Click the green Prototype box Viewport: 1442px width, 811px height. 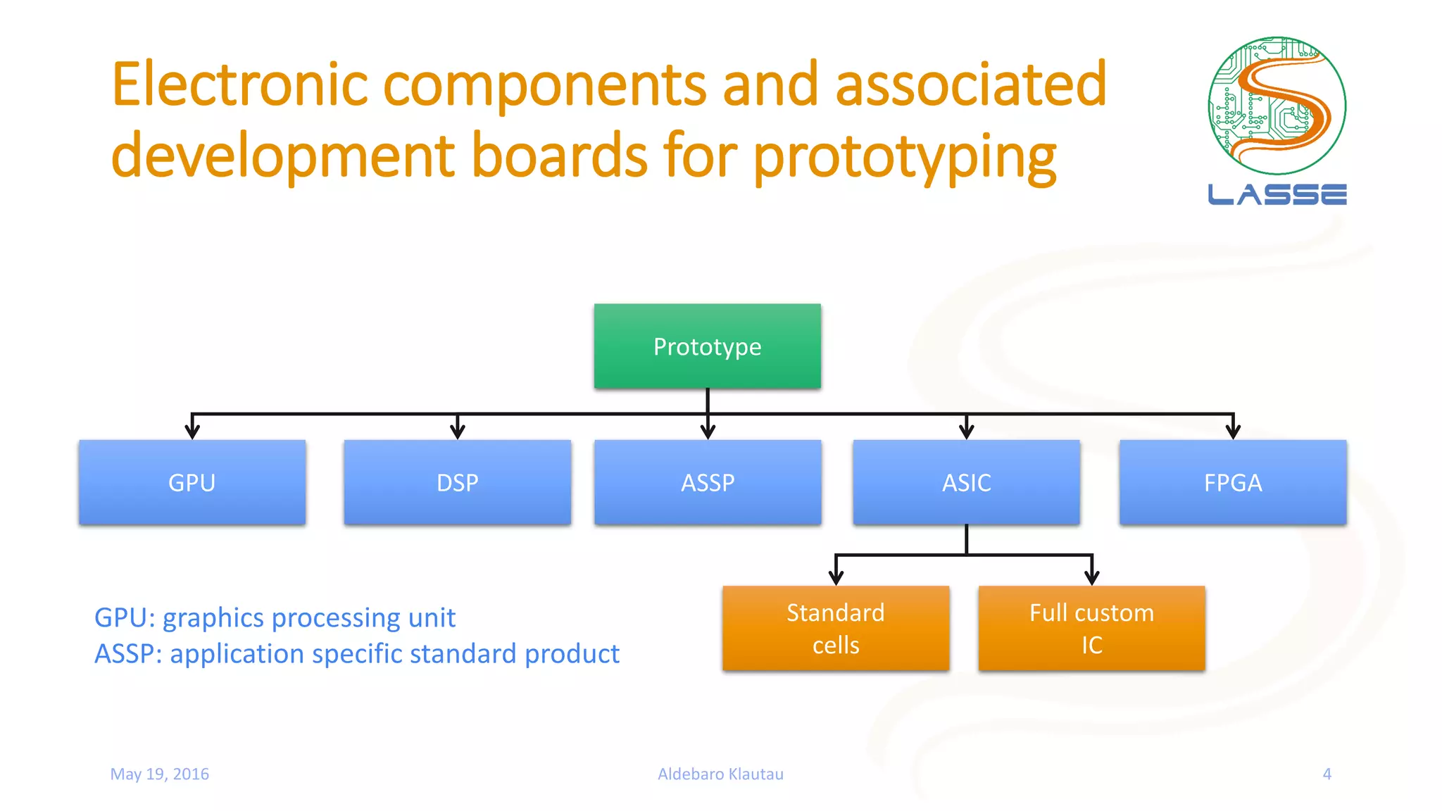[x=707, y=346]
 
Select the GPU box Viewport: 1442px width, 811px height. [x=192, y=483]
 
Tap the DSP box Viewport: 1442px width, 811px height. [x=457, y=483]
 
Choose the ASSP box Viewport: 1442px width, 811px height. [x=708, y=483]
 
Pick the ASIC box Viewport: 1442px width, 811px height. [x=966, y=483]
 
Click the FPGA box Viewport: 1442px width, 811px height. [x=1233, y=483]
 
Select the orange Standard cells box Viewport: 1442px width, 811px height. [x=836, y=628]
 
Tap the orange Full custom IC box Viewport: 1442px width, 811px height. [x=1091, y=628]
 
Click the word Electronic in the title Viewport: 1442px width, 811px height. [x=239, y=84]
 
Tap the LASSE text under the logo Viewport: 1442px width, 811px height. [x=1277, y=194]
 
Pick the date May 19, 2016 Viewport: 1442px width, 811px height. [x=160, y=774]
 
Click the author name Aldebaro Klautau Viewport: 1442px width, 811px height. [x=720, y=774]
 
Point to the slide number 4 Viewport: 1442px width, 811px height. [x=1327, y=774]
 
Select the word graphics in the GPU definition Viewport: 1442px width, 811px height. [x=214, y=618]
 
